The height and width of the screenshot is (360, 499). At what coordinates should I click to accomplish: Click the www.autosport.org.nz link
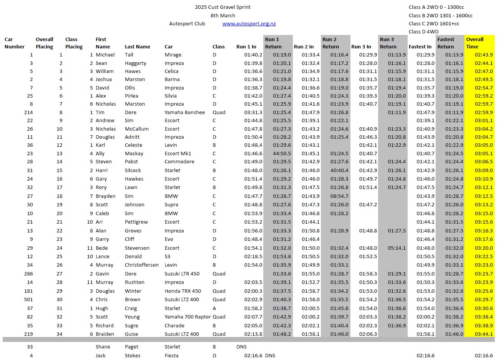tap(249, 24)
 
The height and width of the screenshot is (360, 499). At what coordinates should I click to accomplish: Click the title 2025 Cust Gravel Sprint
tap(223, 7)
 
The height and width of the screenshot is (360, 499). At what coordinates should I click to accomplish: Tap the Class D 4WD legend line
tap(423, 32)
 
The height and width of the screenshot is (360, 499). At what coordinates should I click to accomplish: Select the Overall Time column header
tap(475, 43)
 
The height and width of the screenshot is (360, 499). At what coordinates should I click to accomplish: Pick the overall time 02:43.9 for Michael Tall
tap(484, 55)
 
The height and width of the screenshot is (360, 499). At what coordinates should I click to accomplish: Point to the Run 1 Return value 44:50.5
tap(282, 154)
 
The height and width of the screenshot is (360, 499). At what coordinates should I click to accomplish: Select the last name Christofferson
tap(142, 265)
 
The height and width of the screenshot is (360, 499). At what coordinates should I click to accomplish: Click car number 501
tap(28, 300)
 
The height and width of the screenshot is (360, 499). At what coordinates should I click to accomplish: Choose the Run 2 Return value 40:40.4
tap(339, 171)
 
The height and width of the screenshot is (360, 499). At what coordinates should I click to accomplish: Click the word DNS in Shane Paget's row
tap(241, 347)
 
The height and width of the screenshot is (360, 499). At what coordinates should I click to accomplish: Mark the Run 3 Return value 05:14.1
tap(397, 248)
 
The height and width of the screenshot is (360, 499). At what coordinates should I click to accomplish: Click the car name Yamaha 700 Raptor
tap(188, 317)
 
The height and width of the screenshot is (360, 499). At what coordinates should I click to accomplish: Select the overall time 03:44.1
tap(484, 334)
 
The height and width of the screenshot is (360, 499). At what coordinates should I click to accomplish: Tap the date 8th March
tap(223, 16)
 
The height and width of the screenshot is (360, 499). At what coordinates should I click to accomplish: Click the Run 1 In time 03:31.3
tap(253, 113)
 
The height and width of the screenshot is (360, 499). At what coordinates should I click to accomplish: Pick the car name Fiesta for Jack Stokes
tap(171, 356)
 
